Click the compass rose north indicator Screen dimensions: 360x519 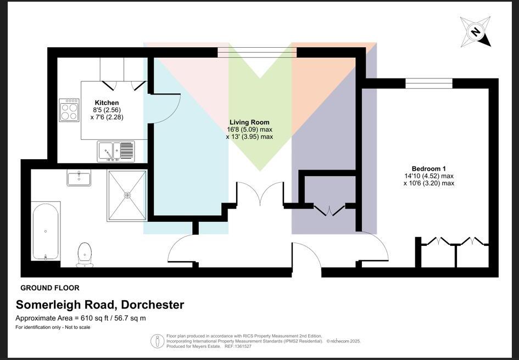tap(476, 32)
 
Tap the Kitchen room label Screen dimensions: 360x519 tap(107, 103)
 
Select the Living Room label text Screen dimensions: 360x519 tap(249, 122)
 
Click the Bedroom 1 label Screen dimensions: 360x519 tap(428, 168)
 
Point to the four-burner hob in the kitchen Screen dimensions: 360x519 tap(69, 110)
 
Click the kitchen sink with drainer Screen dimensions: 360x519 tap(116, 151)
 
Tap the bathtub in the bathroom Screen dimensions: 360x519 tap(46, 231)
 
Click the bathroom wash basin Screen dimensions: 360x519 tap(79, 178)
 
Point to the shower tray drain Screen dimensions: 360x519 tap(127, 195)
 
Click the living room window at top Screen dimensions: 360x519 tap(257, 52)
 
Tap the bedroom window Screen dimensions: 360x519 tap(429, 83)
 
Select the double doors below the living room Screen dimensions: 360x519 tap(260, 195)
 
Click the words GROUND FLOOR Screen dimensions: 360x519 tap(50, 288)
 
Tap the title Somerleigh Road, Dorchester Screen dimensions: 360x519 tap(100, 305)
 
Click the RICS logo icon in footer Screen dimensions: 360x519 tap(157, 341)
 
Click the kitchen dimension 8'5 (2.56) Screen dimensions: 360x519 tap(107, 110)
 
